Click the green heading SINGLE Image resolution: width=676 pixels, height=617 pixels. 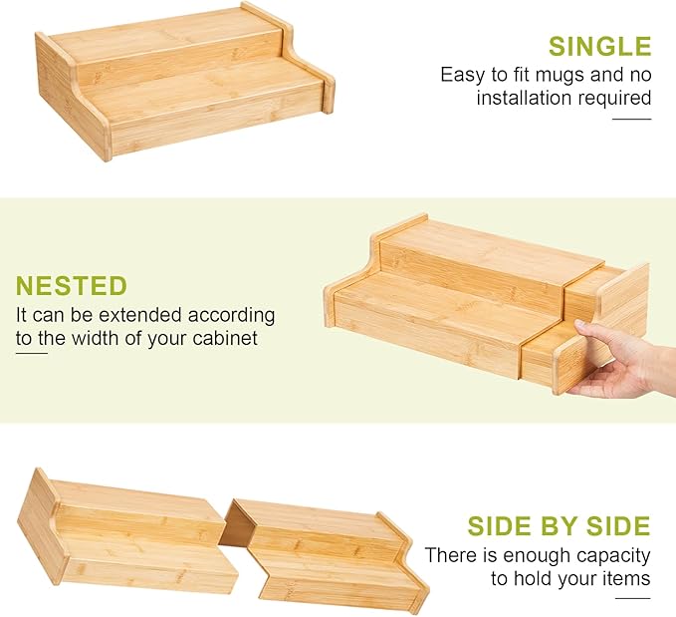[599, 46]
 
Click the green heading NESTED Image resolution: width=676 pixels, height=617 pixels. [72, 286]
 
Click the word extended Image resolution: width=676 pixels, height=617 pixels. [141, 315]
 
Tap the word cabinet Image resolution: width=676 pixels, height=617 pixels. [225, 338]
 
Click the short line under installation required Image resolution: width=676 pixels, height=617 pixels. [631, 120]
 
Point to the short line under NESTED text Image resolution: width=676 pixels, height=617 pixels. [32, 353]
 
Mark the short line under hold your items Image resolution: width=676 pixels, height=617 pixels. [633, 598]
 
